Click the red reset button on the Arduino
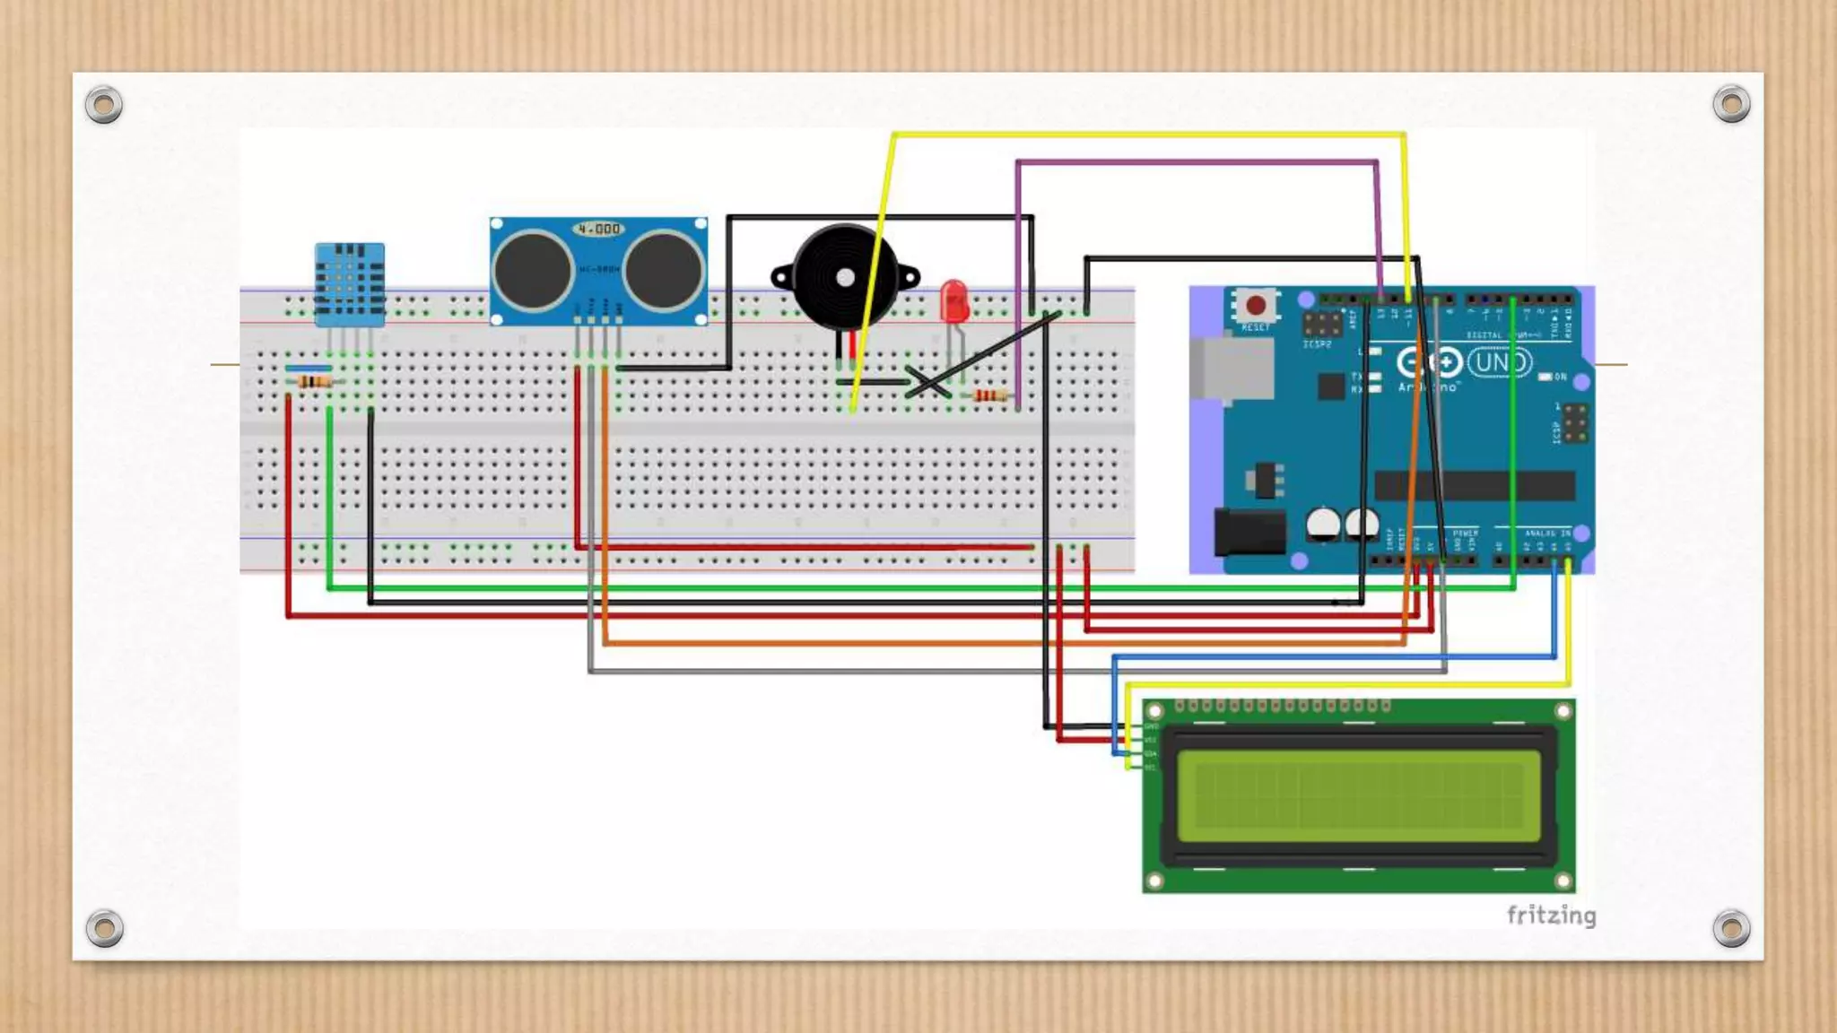[1256, 306]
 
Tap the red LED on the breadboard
[953, 300]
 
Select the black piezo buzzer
[844, 278]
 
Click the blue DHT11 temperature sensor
[350, 283]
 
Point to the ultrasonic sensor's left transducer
[533, 270]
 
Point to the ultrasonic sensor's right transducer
[664, 270]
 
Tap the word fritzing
[1551, 916]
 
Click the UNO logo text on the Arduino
[1500, 362]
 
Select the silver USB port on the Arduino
[1232, 368]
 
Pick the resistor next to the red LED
[989, 395]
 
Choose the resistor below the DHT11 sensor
[314, 382]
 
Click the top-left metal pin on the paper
[104, 105]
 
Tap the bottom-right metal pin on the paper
[1731, 928]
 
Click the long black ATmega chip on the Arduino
[1475, 485]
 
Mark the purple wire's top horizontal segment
[1197, 162]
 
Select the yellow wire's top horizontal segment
[1148, 135]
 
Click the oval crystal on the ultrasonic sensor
[599, 230]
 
